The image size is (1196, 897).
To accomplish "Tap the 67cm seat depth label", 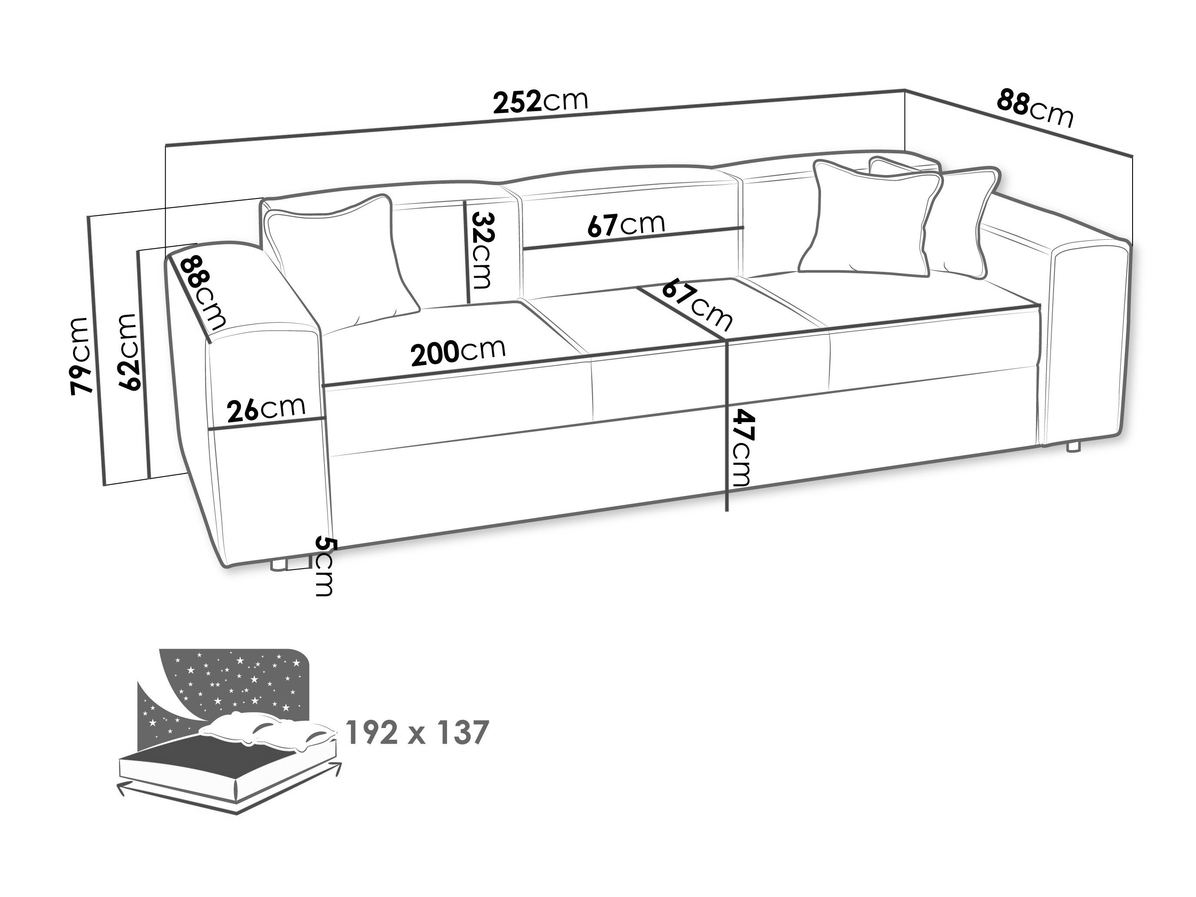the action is (x=698, y=304).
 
